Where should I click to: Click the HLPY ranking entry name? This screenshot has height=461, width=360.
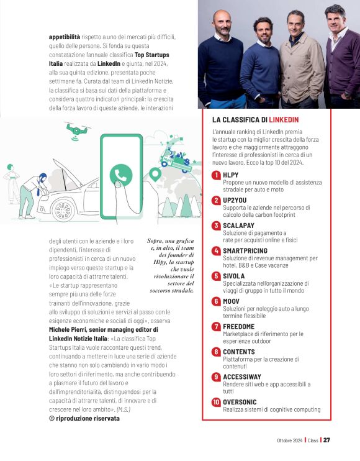(230, 175)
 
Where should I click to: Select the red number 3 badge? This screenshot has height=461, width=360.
(216, 226)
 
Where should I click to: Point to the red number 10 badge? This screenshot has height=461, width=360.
(216, 403)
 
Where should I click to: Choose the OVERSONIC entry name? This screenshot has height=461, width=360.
(240, 403)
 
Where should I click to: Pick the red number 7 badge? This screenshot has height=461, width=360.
(216, 326)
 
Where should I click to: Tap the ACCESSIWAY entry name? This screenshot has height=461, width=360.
(242, 377)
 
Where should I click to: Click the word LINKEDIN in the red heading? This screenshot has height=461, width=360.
(284, 119)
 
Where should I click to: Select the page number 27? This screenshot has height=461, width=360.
(326, 440)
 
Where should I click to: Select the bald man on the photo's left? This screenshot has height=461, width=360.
(220, 56)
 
